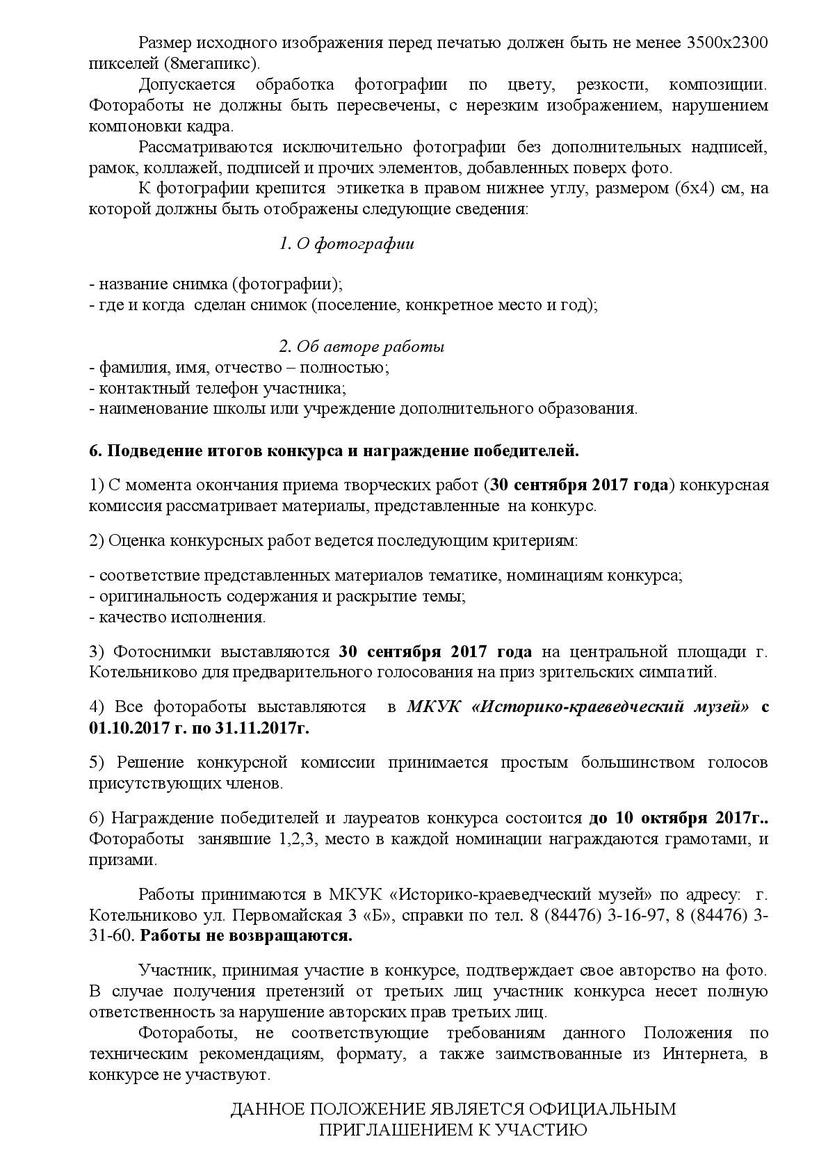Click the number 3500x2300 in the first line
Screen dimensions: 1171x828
pos(726,43)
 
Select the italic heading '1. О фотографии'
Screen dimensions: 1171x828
pos(346,243)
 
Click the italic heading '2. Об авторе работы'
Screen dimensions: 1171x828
pos(362,346)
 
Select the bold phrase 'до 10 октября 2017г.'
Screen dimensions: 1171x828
pos(678,818)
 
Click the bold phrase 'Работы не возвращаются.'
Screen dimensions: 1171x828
pos(246,935)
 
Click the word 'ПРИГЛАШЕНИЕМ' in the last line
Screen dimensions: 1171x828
pos(394,1129)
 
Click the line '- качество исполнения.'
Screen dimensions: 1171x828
pos(178,617)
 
